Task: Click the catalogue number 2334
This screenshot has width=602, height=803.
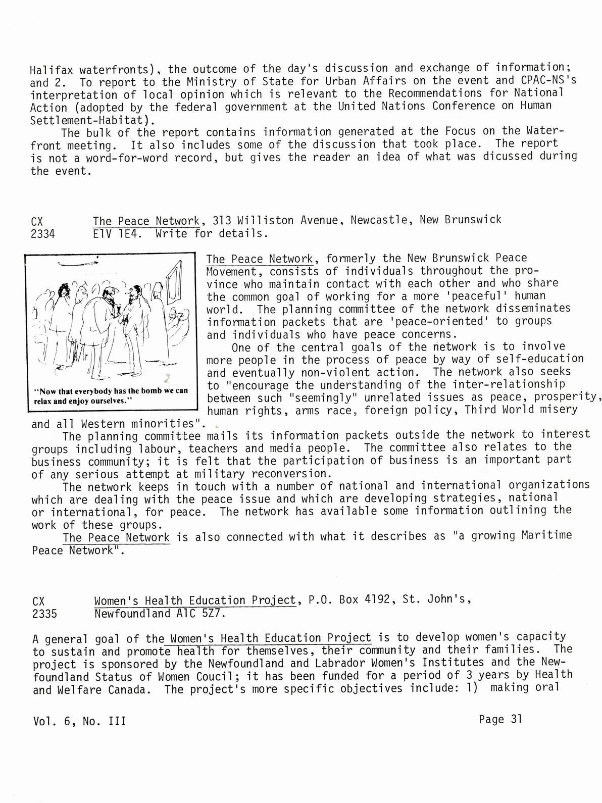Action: tap(43, 234)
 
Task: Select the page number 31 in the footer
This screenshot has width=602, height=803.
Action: tap(516, 719)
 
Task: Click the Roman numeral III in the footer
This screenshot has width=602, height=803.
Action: tap(118, 721)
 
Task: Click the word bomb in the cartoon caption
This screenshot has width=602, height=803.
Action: tap(150, 391)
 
